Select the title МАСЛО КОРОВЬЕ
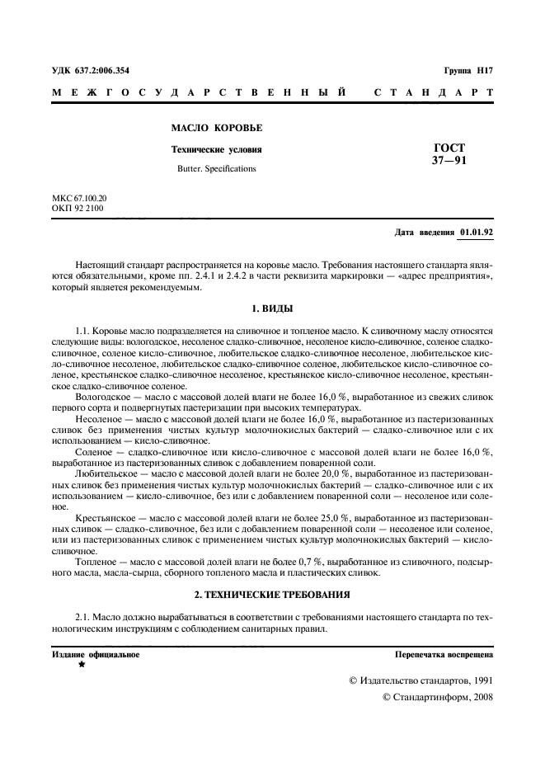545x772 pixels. click(x=216, y=129)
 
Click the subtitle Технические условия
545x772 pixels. click(x=216, y=150)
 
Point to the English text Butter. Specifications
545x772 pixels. click(x=217, y=168)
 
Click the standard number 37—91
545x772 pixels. click(x=449, y=161)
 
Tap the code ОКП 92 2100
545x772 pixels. click(x=78, y=209)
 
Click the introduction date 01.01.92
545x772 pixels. click(x=477, y=233)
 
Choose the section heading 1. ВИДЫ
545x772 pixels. click(x=272, y=307)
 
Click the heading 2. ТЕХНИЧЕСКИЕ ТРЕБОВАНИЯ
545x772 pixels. click(x=272, y=594)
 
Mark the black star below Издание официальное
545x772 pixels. click(x=82, y=664)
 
